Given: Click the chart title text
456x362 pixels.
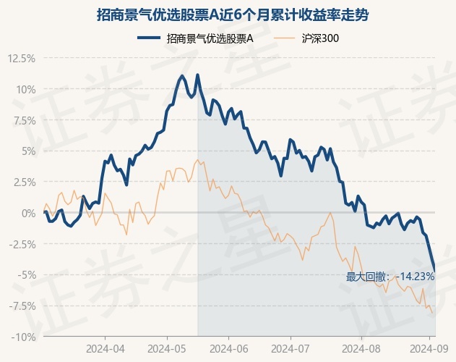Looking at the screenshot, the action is [233, 15].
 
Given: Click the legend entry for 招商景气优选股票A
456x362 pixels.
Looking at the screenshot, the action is [195, 38].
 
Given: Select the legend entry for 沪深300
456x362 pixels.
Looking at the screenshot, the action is [306, 38].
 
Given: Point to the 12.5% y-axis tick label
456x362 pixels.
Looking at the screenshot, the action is [21, 59].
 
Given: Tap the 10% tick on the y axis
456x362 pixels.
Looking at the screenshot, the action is [26, 90].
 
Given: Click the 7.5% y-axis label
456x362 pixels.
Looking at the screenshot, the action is [24, 120].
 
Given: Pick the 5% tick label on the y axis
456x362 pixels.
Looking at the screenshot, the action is [28, 151].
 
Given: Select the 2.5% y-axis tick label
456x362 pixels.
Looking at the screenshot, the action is [24, 182].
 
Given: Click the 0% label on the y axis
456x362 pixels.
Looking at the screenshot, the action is [28, 213].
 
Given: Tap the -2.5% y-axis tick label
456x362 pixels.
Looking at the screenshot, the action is [22, 244].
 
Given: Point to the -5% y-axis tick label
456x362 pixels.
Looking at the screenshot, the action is [27, 275].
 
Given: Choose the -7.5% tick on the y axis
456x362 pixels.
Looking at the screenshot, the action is [22, 306].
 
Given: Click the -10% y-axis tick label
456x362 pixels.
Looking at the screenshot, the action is [24, 337].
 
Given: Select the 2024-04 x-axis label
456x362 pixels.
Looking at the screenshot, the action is [106, 348].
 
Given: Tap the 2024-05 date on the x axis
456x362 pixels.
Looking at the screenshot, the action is [167, 348].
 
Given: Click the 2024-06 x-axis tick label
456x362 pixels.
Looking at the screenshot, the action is [229, 348].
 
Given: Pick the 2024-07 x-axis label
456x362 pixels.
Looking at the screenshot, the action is [291, 348].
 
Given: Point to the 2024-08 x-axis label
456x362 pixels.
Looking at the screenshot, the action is [361, 348].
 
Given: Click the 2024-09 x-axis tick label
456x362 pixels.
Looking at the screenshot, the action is [429, 348].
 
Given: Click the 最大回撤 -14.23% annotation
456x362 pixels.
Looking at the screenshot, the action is [390, 277].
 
